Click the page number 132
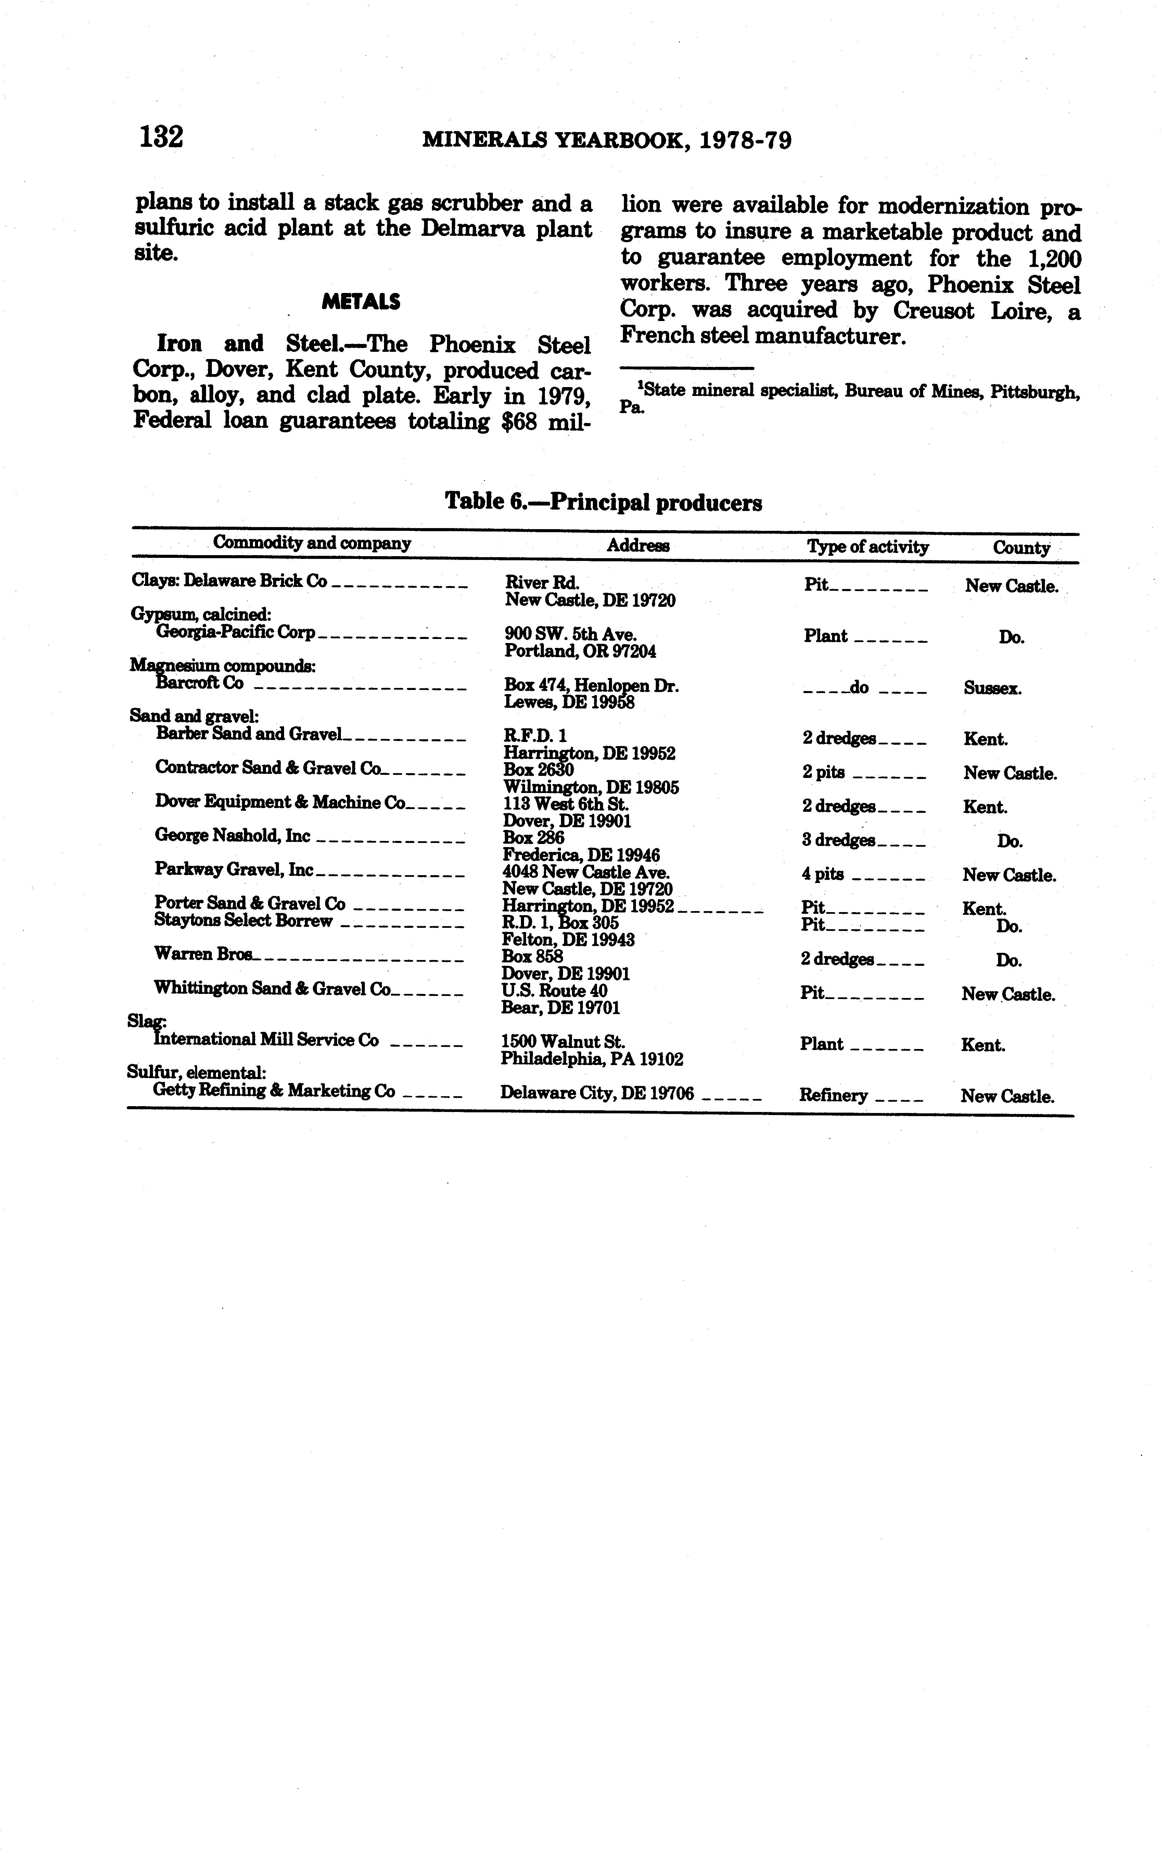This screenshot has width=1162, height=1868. pyautogui.click(x=162, y=138)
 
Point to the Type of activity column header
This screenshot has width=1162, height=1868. pyautogui.click(x=867, y=547)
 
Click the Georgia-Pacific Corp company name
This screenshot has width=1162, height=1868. pyautogui.click(x=235, y=632)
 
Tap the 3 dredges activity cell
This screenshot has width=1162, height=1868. pyautogui.click(x=839, y=840)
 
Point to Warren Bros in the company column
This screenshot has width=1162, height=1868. pyautogui.click(x=204, y=954)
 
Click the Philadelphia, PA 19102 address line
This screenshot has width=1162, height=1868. pyautogui.click(x=592, y=1060)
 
